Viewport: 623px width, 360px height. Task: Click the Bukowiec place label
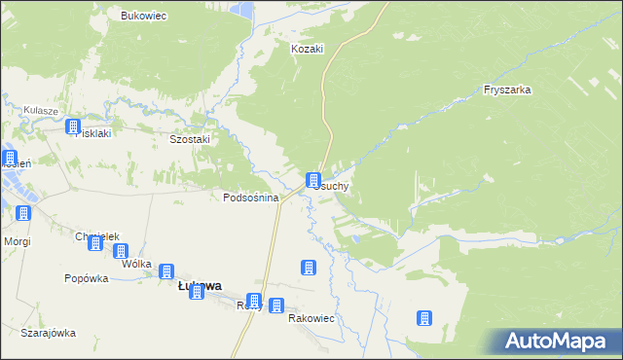[x=144, y=17]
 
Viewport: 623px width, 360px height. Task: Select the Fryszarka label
[x=506, y=90]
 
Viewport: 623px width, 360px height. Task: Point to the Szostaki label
[x=190, y=139]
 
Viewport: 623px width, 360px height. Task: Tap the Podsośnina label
[x=251, y=198]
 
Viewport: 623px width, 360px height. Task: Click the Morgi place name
[x=18, y=240]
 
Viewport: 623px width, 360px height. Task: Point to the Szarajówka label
[x=48, y=333]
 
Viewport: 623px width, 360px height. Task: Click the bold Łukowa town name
[x=199, y=286]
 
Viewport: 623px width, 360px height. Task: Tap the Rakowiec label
[x=311, y=317]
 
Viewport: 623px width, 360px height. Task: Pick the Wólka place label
[x=137, y=263]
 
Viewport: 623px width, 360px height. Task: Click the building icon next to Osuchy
[x=313, y=180]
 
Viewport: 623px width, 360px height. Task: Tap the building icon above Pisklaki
[x=73, y=126]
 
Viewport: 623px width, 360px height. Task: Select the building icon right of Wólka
[x=166, y=271]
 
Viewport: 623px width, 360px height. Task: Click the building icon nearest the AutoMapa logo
[x=423, y=318]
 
